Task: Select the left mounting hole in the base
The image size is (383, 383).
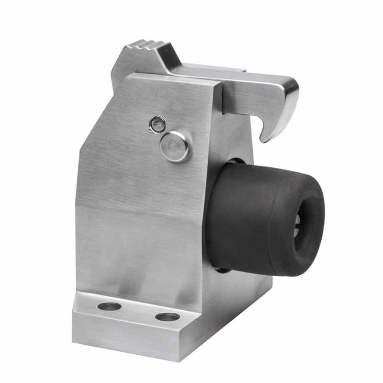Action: point(109,306)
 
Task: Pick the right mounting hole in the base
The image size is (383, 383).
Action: point(168,316)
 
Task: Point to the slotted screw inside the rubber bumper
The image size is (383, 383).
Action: point(298,225)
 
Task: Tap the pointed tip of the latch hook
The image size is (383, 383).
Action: point(263,139)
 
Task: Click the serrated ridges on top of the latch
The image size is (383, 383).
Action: point(144,47)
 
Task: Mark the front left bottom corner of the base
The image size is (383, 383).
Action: point(74,330)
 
